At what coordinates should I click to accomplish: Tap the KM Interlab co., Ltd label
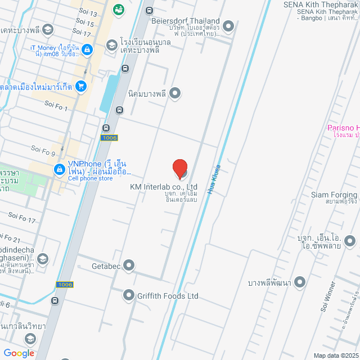coord(164,187)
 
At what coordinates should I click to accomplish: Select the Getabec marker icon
coord(129,264)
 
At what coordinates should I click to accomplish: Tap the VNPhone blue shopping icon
coord(58,169)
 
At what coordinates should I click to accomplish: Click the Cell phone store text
coord(91,178)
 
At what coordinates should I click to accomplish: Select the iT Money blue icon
coord(86,51)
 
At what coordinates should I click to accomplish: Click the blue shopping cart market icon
coord(81,87)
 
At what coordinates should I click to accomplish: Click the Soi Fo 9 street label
coord(43,150)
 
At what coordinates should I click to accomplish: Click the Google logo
coord(19,353)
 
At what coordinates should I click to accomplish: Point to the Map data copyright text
coord(336,355)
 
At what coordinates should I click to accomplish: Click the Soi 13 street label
coord(85,13)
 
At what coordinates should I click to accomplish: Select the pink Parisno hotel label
coord(343,128)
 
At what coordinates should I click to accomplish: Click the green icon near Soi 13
coord(119,9)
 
